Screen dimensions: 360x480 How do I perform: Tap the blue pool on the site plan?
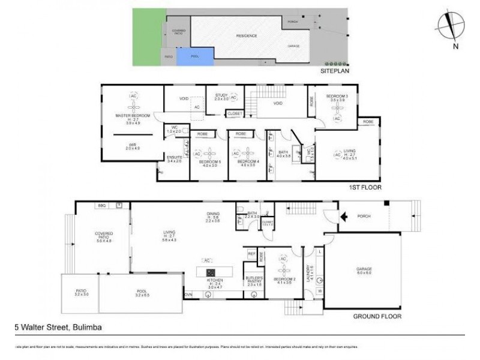point(195,56)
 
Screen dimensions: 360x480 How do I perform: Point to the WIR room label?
point(131,145)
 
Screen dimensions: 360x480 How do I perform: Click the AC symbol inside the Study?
point(233,97)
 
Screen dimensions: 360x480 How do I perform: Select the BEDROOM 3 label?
point(337,97)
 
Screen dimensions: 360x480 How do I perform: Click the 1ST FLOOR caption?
point(365,187)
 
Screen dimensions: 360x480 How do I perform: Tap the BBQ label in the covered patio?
point(102,205)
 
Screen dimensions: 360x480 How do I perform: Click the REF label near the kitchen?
point(251,254)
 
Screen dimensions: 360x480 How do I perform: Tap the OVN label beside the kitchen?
point(188,295)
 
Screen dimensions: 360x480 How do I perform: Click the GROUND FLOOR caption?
point(377,316)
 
